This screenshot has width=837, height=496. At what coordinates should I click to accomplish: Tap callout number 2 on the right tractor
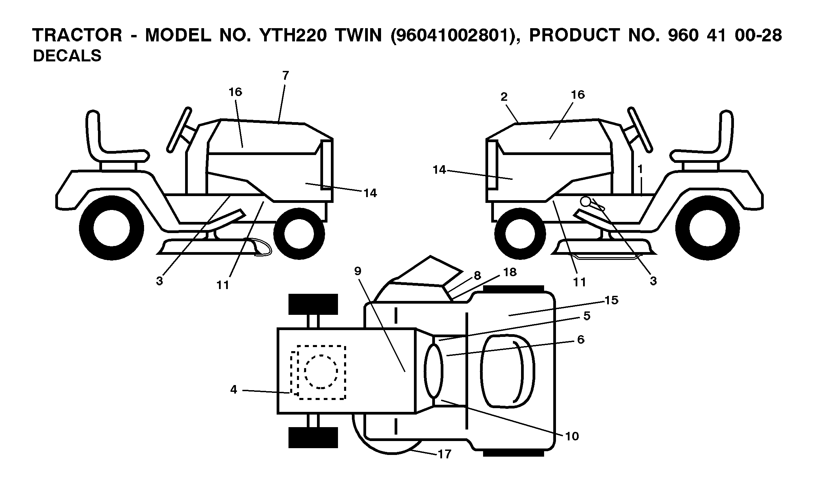[x=504, y=97]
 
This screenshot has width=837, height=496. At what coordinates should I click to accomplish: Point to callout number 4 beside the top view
[x=234, y=389]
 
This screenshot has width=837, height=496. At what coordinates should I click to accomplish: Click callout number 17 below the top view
[x=444, y=454]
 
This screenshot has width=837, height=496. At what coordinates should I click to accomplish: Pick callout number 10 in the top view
[x=572, y=436]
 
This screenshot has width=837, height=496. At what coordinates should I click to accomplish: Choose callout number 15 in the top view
[x=611, y=300]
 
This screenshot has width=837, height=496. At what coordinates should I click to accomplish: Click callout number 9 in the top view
[x=358, y=271]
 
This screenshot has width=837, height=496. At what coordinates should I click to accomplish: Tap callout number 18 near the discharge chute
[x=510, y=272]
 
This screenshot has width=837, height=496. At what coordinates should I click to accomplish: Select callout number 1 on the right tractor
[x=640, y=169]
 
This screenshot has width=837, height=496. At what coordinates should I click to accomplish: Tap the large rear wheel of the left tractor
[x=112, y=228]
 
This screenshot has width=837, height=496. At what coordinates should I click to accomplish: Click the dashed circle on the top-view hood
[x=321, y=371]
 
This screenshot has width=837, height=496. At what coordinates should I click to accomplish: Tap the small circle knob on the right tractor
[x=585, y=202]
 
